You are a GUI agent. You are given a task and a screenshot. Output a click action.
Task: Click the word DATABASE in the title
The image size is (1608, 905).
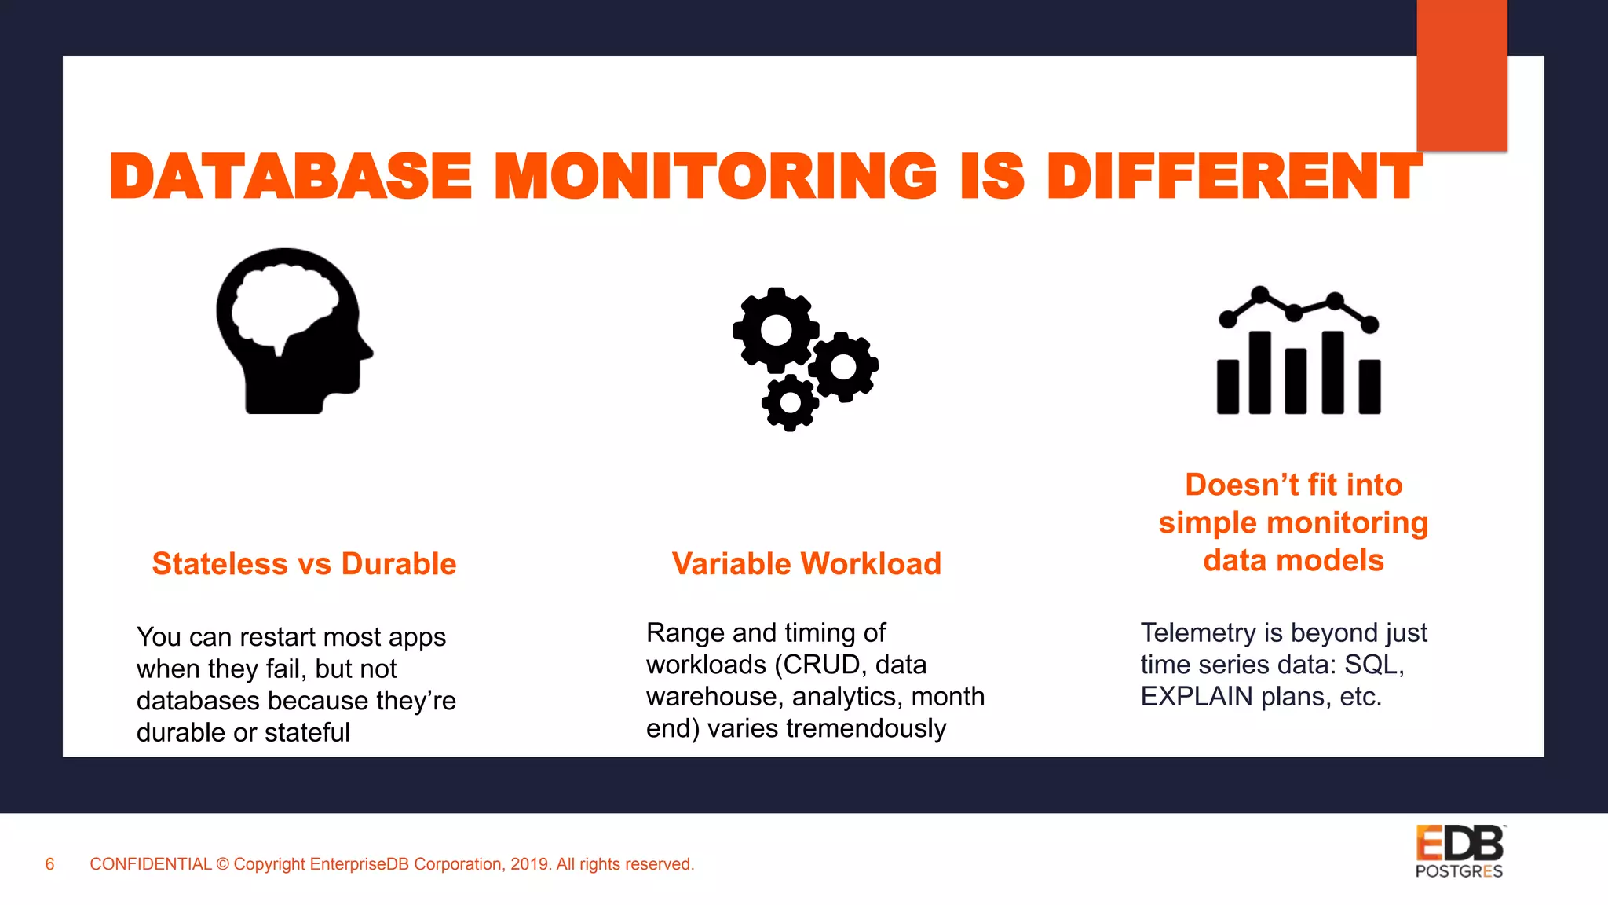(x=291, y=176)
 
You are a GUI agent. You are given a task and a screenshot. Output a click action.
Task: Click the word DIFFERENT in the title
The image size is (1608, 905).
(x=1234, y=176)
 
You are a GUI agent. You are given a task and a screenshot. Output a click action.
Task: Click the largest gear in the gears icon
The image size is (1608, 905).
(x=776, y=330)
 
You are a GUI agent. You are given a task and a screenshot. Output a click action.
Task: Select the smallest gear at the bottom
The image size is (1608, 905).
(x=790, y=403)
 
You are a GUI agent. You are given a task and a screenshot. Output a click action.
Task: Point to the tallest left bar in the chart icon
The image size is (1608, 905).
(x=1259, y=372)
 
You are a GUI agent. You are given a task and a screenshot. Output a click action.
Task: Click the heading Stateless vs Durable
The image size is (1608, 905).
(x=304, y=564)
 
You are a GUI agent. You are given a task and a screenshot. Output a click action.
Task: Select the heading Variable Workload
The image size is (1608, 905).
(x=806, y=564)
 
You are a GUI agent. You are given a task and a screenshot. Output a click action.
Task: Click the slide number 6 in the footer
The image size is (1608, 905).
(x=49, y=864)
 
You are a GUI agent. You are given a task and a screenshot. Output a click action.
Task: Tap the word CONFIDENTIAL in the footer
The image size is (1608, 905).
(x=151, y=864)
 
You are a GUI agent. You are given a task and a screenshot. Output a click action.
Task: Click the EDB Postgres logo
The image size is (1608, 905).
(x=1460, y=852)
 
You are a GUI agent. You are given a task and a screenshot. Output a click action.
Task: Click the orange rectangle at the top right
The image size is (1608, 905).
(x=1461, y=75)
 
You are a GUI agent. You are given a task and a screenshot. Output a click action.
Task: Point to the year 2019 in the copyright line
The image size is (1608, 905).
(x=530, y=864)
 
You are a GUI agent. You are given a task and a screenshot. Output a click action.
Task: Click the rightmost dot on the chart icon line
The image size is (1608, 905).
(x=1369, y=324)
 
